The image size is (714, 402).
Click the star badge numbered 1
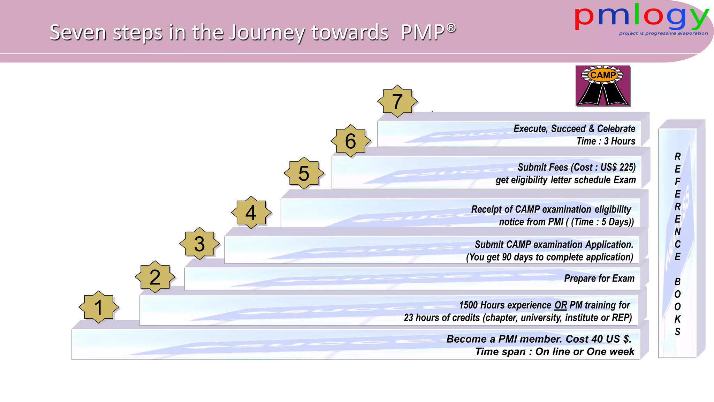click(x=99, y=307)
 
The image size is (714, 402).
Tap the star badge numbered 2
click(x=155, y=277)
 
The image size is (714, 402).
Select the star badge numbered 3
click(x=199, y=244)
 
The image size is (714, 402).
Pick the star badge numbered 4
click(x=251, y=213)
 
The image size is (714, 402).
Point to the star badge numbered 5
click(x=304, y=173)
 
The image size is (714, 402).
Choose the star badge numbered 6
click(x=351, y=141)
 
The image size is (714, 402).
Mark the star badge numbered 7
click(x=397, y=101)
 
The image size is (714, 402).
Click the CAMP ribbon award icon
click(x=603, y=85)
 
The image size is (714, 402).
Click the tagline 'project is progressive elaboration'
click(x=663, y=33)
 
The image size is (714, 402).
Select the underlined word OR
click(x=561, y=305)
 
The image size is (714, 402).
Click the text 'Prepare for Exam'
click(x=599, y=278)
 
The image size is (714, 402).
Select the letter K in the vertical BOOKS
click(x=677, y=319)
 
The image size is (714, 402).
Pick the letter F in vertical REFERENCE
click(x=677, y=182)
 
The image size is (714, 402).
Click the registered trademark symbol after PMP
click(x=451, y=28)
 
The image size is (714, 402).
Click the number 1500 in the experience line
click(x=468, y=305)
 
